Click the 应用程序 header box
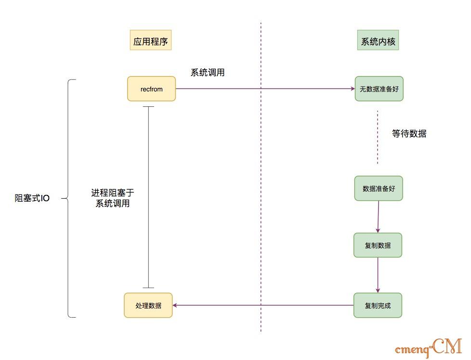(151, 41)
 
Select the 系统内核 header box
(378, 41)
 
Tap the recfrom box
(151, 89)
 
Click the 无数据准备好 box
(379, 89)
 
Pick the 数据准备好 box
(379, 189)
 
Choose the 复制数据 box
(378, 245)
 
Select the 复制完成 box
(378, 305)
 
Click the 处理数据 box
(148, 305)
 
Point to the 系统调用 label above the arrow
(208, 73)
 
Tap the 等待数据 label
(409, 134)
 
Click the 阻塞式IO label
(32, 198)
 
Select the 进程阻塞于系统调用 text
(113, 198)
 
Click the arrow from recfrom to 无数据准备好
(265, 89)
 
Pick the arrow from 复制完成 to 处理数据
(263, 305)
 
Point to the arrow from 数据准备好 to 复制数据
(378, 217)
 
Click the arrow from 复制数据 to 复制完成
(378, 275)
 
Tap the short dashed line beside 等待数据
(378, 137)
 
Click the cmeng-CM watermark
(428, 347)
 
